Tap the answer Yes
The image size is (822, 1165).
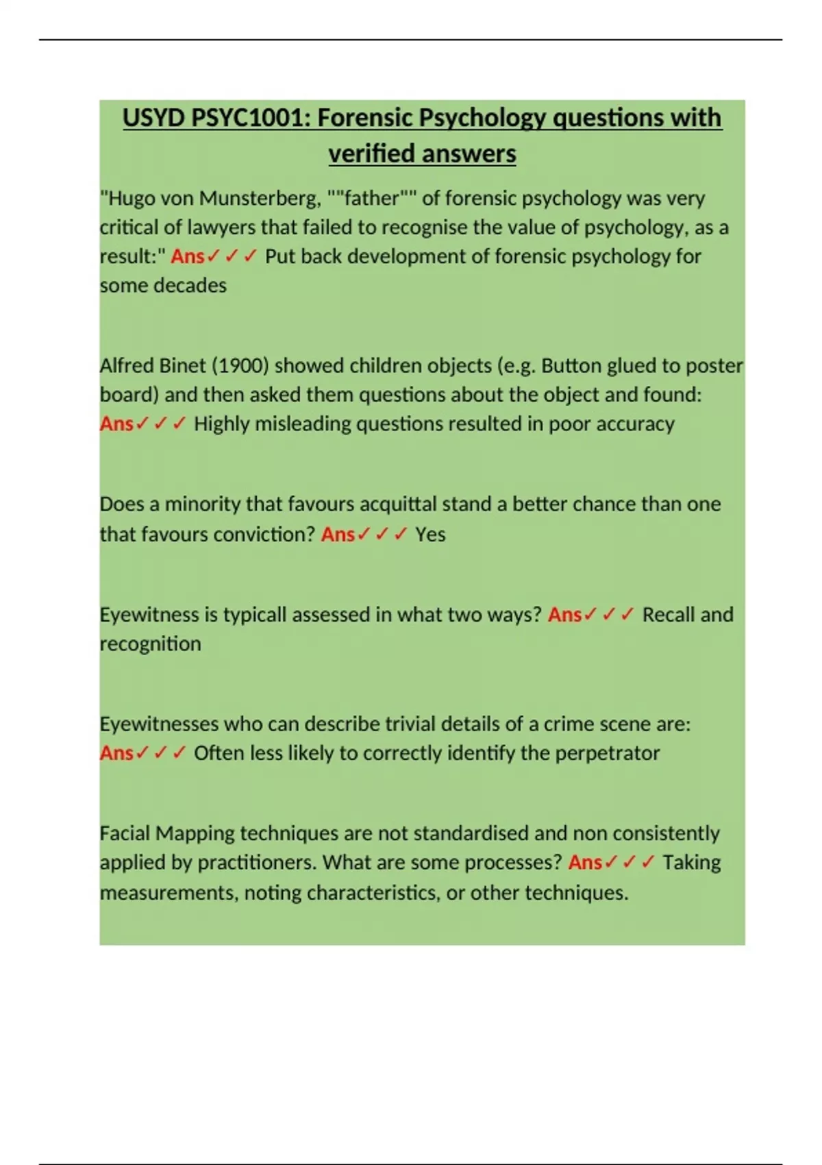(x=430, y=535)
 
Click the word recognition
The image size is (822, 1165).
(x=151, y=644)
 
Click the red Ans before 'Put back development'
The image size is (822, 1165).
(x=187, y=256)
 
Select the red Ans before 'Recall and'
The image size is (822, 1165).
(x=564, y=615)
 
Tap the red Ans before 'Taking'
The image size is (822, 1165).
(x=585, y=862)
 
